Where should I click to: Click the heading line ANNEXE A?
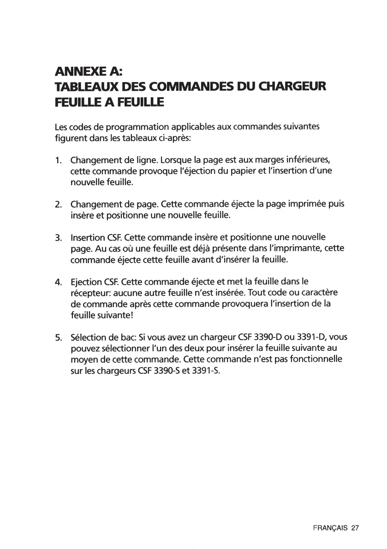tap(88, 71)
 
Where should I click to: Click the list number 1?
tap(58, 161)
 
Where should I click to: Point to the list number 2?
tap(58, 204)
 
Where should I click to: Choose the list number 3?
tap(58, 238)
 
